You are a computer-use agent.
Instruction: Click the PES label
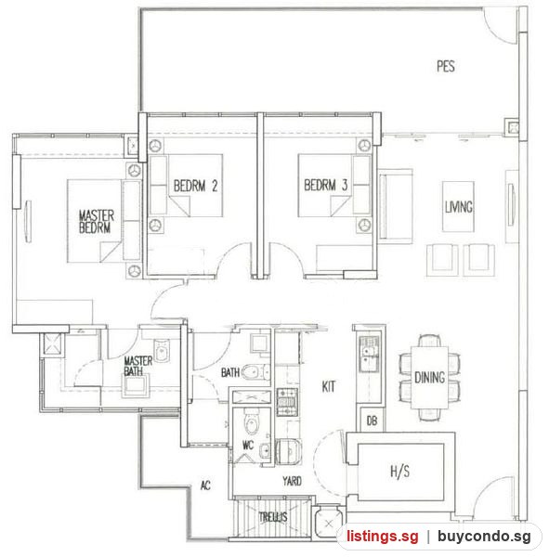[x=446, y=67]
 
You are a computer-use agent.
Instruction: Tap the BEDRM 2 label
[x=196, y=186]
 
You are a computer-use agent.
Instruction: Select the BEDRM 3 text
[x=326, y=185]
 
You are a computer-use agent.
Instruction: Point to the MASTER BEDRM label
[x=97, y=222]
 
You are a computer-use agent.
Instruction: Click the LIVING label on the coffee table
[x=459, y=207]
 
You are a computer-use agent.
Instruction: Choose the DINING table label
[x=429, y=377]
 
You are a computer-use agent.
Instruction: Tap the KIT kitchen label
[x=328, y=386]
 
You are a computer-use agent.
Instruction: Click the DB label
[x=372, y=421]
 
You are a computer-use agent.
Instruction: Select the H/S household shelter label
[x=400, y=472]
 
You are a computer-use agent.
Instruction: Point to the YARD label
[x=293, y=481]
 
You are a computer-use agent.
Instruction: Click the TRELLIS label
[x=273, y=517]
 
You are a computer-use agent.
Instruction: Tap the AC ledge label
[x=205, y=486]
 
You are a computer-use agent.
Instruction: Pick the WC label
[x=248, y=445]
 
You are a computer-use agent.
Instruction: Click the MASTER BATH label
[x=138, y=367]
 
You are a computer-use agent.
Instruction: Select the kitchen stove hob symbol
[x=286, y=402]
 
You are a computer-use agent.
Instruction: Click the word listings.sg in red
[x=383, y=536]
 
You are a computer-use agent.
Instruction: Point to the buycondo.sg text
[x=484, y=536]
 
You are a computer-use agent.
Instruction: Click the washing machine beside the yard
[x=288, y=451]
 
